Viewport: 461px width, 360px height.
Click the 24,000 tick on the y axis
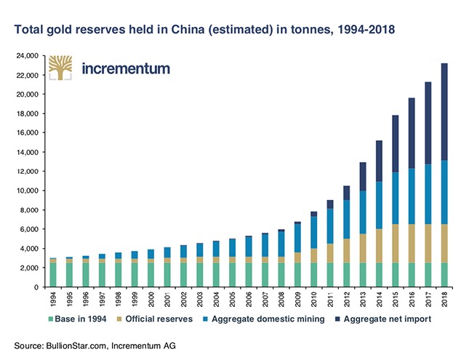pyautogui.click(x=28, y=56)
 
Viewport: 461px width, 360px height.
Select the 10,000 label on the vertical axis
pyautogui.click(x=28, y=191)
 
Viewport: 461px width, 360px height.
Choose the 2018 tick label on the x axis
pyautogui.click(x=444, y=300)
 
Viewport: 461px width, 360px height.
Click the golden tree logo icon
pyautogui.click(x=61, y=68)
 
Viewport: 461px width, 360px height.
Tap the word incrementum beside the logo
pyautogui.click(x=126, y=70)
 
